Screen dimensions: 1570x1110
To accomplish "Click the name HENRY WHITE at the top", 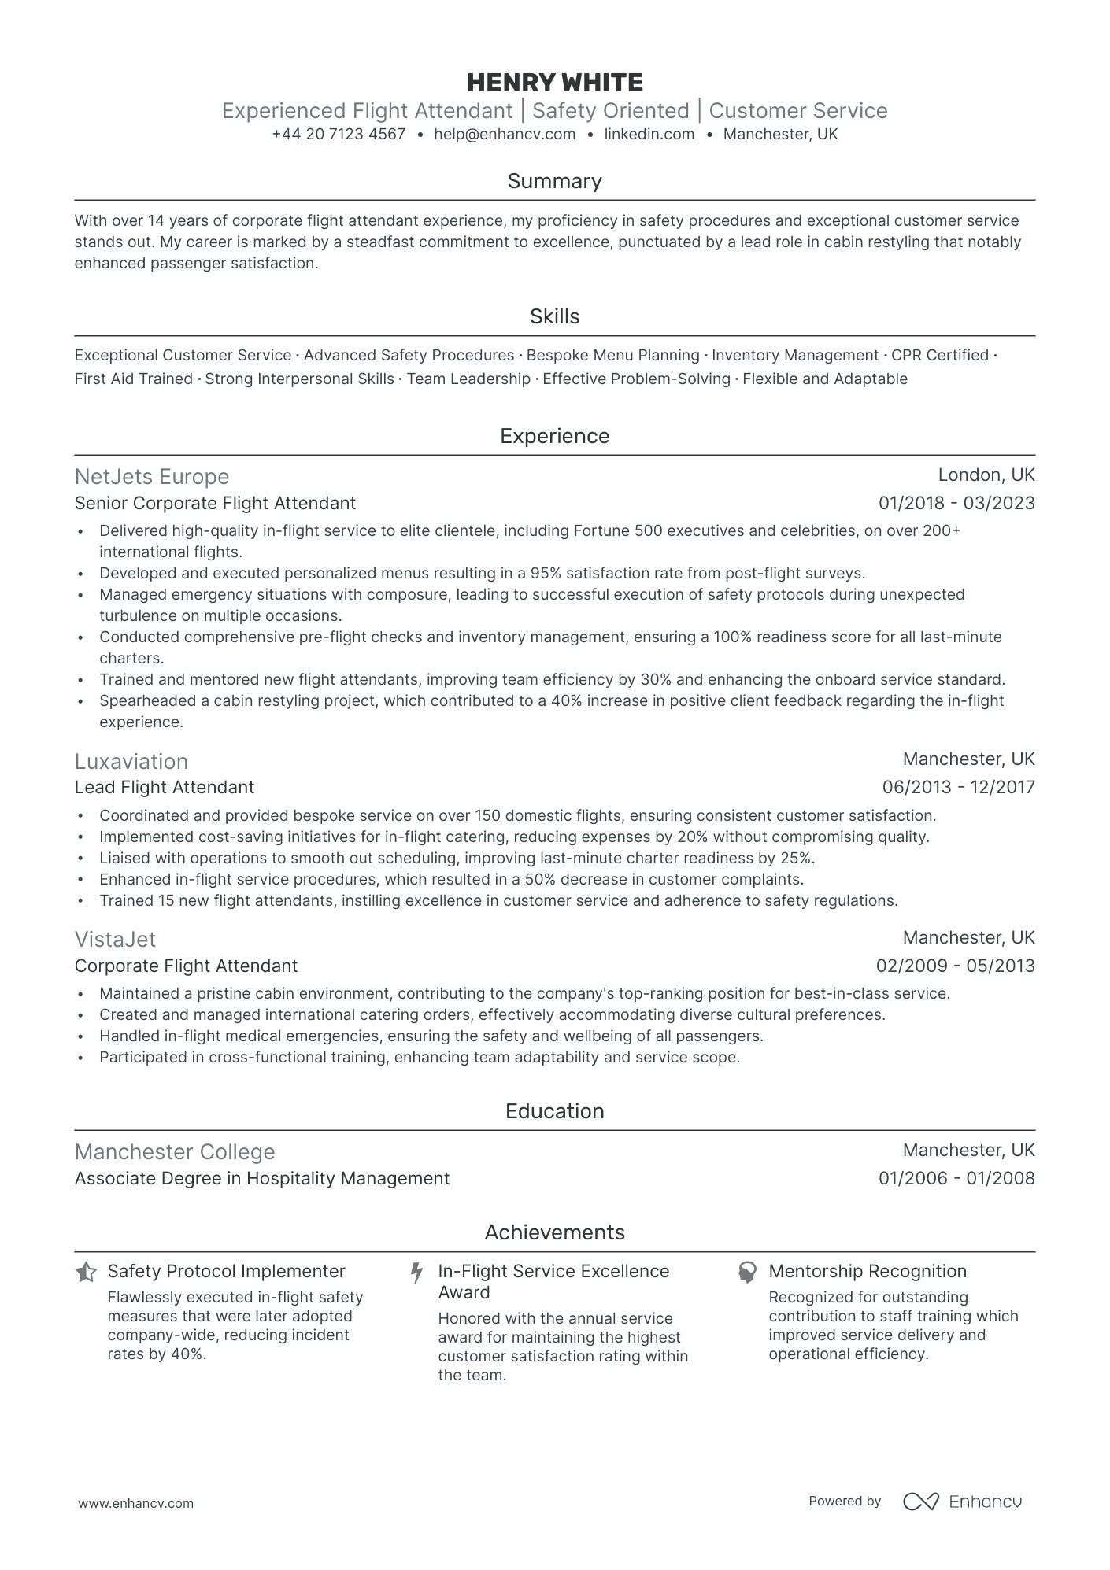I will coord(554,83).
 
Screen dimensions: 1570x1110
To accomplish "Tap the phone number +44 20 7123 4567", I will coord(339,135).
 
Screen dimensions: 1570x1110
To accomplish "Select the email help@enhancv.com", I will coord(505,135).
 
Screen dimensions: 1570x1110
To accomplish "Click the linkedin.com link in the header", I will coord(649,135).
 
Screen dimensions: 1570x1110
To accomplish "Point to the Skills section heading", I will coord(554,316).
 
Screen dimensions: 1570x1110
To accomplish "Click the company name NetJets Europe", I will coord(152,477).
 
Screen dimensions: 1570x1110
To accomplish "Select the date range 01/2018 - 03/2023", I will coord(956,503).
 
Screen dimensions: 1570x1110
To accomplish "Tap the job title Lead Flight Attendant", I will coord(165,787).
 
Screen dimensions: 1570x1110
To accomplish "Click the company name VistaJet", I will coord(115,939).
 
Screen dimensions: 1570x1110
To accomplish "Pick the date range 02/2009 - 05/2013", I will coord(955,966).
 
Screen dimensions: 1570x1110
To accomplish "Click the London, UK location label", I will coord(986,475).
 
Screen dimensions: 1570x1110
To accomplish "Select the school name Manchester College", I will coord(175,1152).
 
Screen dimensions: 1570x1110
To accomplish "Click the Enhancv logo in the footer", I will coord(962,1502).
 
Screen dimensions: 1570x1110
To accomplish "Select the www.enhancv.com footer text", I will coord(136,1503).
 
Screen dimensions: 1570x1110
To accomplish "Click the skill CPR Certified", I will coord(940,356).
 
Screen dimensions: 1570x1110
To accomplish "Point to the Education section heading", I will coord(554,1111).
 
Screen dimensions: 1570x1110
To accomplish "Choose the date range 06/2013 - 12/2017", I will coord(958,787).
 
